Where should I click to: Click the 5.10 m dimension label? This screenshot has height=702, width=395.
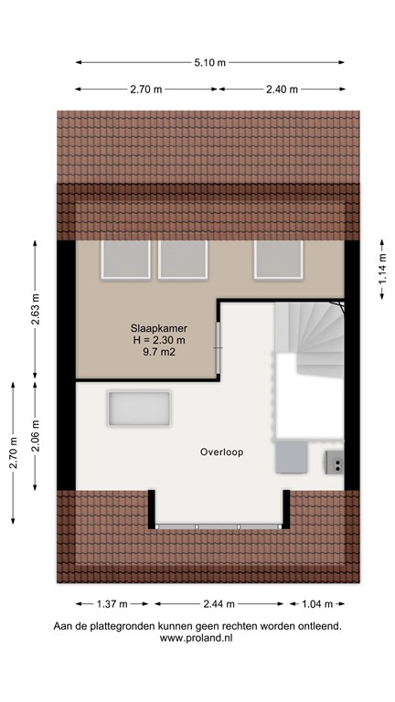(208, 62)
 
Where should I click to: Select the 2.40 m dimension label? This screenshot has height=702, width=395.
(282, 90)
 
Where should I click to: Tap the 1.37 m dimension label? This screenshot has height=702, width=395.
(114, 604)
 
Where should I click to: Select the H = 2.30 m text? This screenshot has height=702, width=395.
(146, 340)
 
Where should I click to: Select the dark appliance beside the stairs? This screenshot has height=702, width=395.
(335, 463)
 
